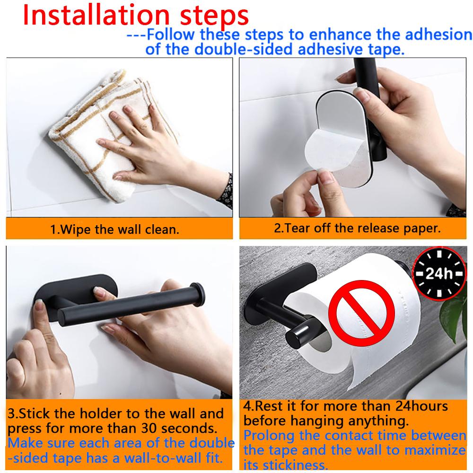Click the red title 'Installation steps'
point(136,15)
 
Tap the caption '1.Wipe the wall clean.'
point(115,230)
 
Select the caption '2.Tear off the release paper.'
point(357,228)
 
